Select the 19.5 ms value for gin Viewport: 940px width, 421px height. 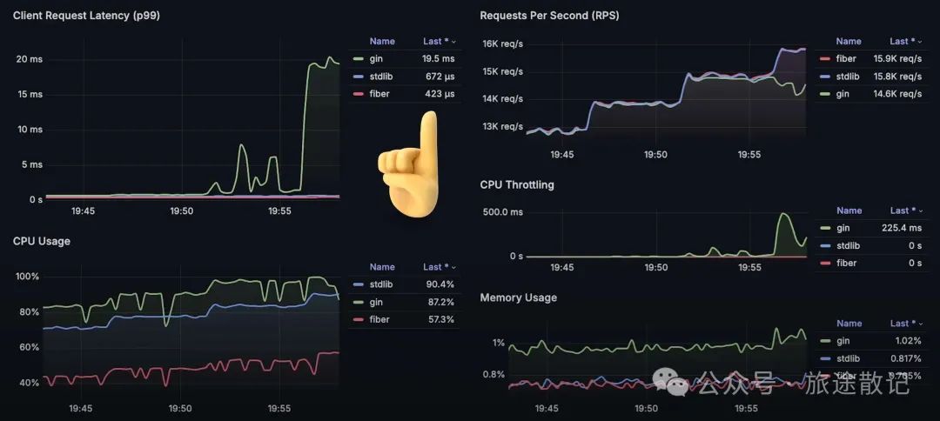point(438,58)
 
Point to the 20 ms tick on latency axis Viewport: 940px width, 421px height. point(29,59)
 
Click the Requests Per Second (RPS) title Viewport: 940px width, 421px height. point(549,16)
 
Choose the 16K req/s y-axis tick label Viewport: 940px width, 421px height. point(502,43)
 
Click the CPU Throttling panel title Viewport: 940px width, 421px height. point(517,184)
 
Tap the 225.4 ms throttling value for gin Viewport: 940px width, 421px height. point(902,228)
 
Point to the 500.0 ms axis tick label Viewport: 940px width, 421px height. point(502,210)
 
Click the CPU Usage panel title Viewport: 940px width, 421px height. point(42,241)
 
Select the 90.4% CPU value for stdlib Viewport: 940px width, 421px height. point(438,284)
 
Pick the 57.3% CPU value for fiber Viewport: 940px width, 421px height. point(438,319)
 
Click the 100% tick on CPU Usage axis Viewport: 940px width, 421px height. point(29,277)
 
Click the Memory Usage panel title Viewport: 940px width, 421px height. point(518,297)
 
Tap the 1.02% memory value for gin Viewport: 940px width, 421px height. point(904,341)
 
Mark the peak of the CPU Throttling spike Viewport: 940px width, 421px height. point(783,214)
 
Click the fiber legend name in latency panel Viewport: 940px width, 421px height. point(379,93)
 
